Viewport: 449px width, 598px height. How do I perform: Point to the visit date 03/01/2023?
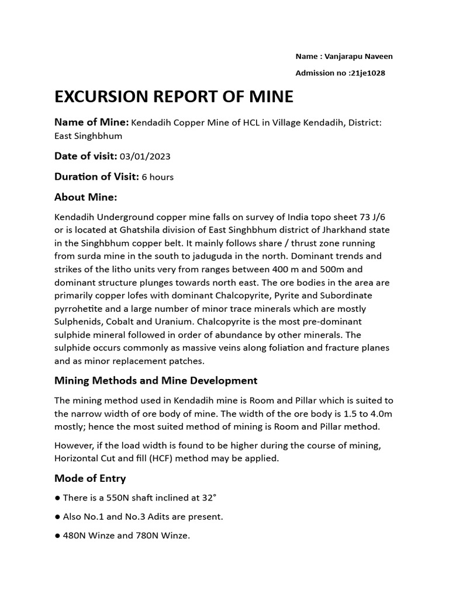tap(145, 157)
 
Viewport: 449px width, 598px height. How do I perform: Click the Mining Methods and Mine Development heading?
tap(156, 381)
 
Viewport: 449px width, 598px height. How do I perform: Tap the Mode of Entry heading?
tap(90, 478)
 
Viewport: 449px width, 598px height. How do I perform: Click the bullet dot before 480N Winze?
tap(57, 536)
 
